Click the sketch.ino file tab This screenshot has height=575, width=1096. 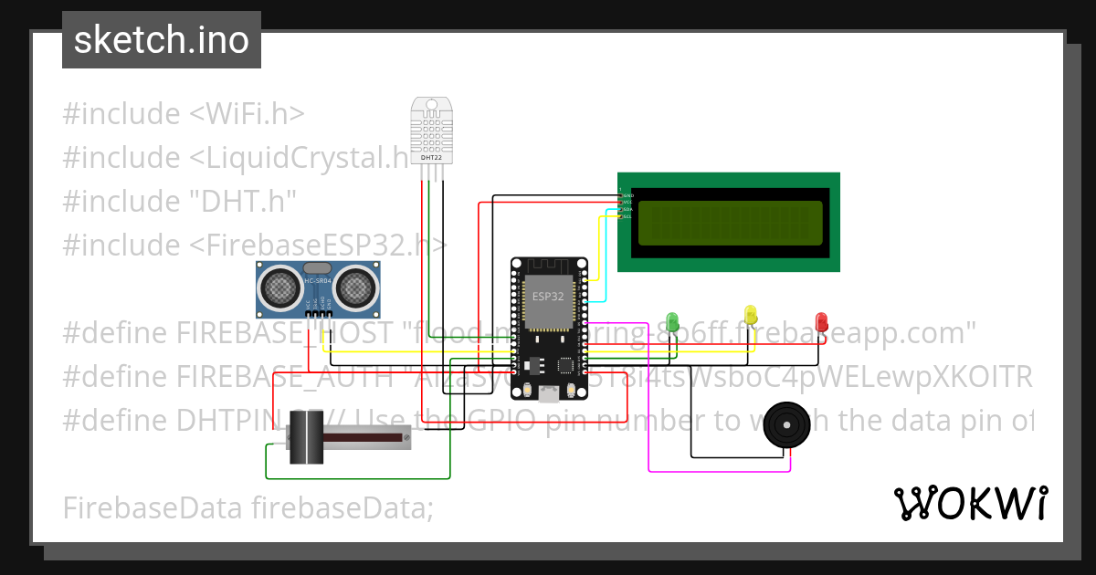(x=161, y=40)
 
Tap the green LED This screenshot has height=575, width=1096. (x=673, y=321)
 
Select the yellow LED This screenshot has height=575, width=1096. (x=751, y=316)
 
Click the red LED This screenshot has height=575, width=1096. (x=821, y=321)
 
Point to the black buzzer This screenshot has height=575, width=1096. (x=787, y=424)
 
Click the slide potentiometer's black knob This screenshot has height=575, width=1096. (x=306, y=438)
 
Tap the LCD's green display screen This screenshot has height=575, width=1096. (x=729, y=223)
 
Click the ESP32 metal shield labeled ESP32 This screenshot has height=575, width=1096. (x=548, y=301)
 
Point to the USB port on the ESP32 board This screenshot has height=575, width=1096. (x=549, y=393)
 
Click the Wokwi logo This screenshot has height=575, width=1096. (x=970, y=503)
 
